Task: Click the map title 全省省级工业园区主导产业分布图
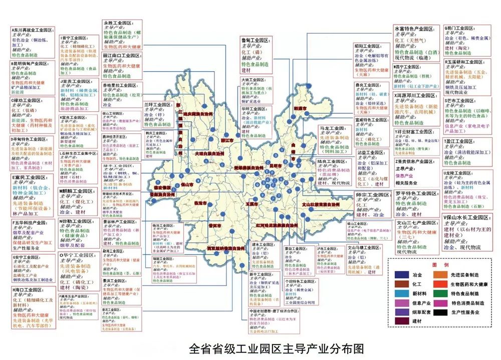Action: click(276, 348)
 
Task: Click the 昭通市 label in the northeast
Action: click(300, 108)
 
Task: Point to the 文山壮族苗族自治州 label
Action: click(321, 205)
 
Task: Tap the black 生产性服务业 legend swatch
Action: click(441, 312)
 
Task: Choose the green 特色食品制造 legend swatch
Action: click(441, 293)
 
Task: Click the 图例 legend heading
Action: click(440, 264)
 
